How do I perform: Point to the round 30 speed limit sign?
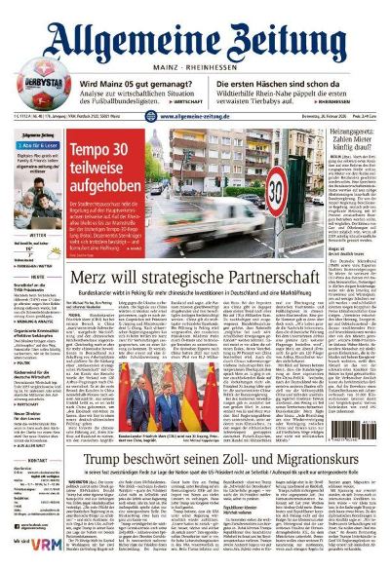tap(283, 186)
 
